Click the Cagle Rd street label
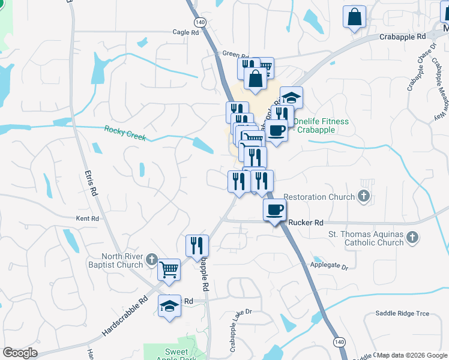185,33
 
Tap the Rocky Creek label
125,133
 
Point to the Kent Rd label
87,219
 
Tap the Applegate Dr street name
329,265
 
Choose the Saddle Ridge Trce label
402,313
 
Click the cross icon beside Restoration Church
363,196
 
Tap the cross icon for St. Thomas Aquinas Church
412,238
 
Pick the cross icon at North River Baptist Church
151,260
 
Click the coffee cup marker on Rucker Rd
274,210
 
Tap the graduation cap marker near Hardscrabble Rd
170,306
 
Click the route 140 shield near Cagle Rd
200,21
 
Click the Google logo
20,352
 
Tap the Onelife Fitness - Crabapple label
321,125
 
